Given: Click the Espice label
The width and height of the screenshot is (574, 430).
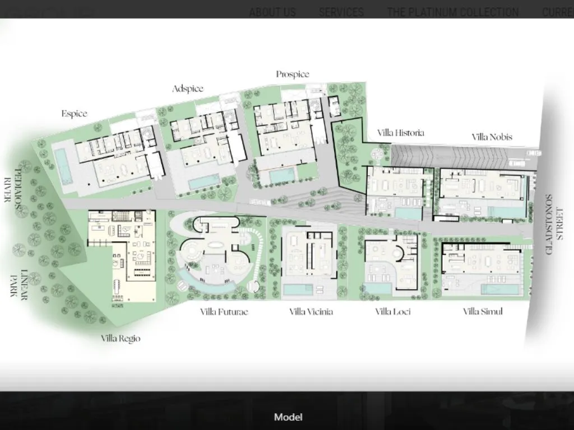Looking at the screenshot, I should click(75, 114).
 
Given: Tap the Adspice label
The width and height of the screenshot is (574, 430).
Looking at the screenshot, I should click(188, 88).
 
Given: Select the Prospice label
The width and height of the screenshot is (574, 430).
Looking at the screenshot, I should click(293, 74).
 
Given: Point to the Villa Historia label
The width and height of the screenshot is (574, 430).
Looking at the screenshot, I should click(400, 133).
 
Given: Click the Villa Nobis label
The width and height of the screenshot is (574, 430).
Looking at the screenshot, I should click(492, 137).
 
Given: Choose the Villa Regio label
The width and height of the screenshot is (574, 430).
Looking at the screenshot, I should click(121, 338).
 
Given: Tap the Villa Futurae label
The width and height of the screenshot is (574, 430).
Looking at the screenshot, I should click(224, 311).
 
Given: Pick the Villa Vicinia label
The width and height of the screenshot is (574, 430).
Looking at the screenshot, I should click(311, 311).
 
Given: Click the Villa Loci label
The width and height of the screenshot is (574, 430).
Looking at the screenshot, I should click(393, 311).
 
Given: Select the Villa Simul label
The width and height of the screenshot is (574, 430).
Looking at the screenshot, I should click(483, 311).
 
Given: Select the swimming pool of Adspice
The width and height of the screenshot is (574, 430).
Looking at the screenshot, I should click(203, 181).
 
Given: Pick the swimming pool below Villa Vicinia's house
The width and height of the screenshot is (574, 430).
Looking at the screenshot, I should click(298, 289).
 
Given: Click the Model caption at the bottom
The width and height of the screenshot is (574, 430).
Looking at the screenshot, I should click(288, 417).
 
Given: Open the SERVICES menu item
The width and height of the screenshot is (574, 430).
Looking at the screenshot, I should click(341, 12).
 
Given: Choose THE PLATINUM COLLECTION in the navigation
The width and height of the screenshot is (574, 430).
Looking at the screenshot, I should click(452, 12).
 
